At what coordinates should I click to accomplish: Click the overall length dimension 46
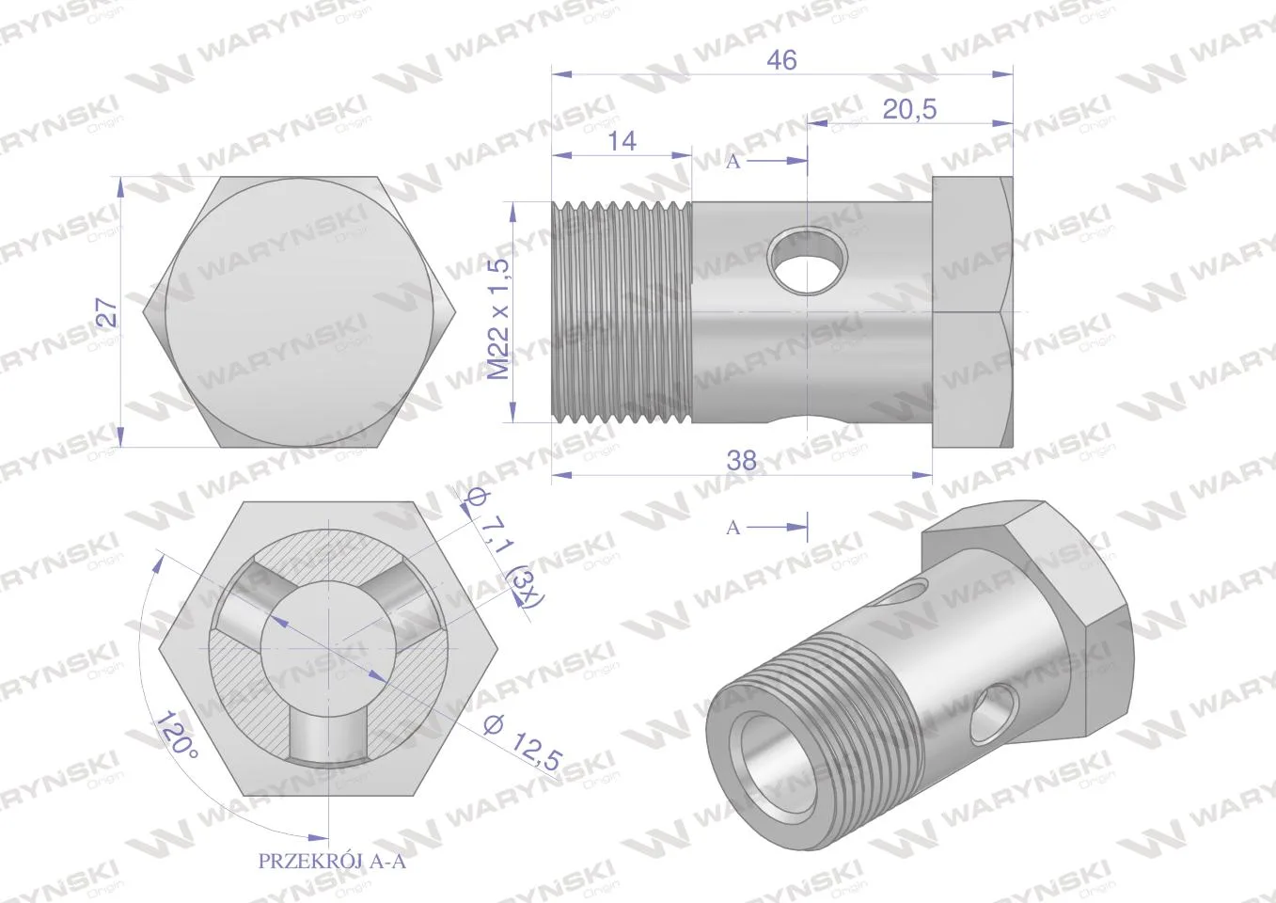click(x=781, y=60)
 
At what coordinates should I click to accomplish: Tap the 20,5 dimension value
click(x=909, y=109)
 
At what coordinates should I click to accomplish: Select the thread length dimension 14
click(x=622, y=141)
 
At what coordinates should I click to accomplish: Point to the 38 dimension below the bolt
click(x=742, y=460)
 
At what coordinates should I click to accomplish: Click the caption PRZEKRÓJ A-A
click(x=332, y=861)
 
